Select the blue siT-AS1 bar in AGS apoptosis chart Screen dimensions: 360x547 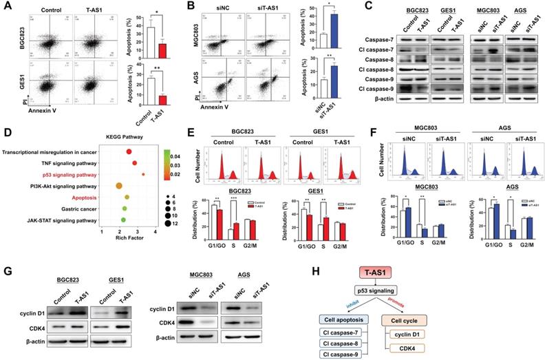(333, 79)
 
